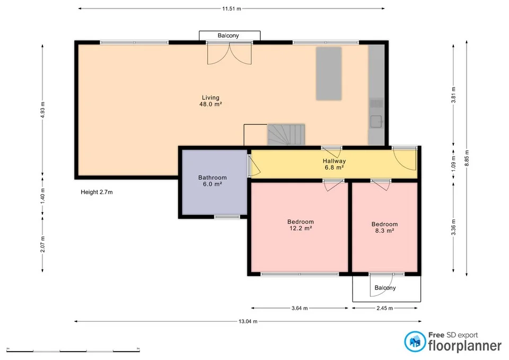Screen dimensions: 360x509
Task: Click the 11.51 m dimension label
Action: (231, 8)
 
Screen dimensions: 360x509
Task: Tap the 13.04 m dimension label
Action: (248, 321)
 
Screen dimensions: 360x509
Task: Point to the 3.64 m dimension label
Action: (300, 308)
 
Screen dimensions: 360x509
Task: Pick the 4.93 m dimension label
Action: (43, 110)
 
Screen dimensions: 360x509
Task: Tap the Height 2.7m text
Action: (96, 192)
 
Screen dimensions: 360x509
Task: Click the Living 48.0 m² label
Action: (210, 101)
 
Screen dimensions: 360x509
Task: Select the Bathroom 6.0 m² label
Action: (213, 181)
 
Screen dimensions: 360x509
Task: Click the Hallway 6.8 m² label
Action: (334, 164)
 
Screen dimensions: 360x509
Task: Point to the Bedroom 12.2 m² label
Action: (300, 225)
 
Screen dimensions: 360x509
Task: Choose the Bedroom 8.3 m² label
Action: (384, 227)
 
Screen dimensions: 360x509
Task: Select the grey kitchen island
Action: (328, 74)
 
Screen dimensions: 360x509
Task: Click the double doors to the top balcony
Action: (230, 53)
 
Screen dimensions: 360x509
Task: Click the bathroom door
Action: (253, 165)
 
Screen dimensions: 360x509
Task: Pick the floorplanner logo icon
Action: (414, 341)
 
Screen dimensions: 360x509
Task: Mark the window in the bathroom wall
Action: (227, 216)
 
